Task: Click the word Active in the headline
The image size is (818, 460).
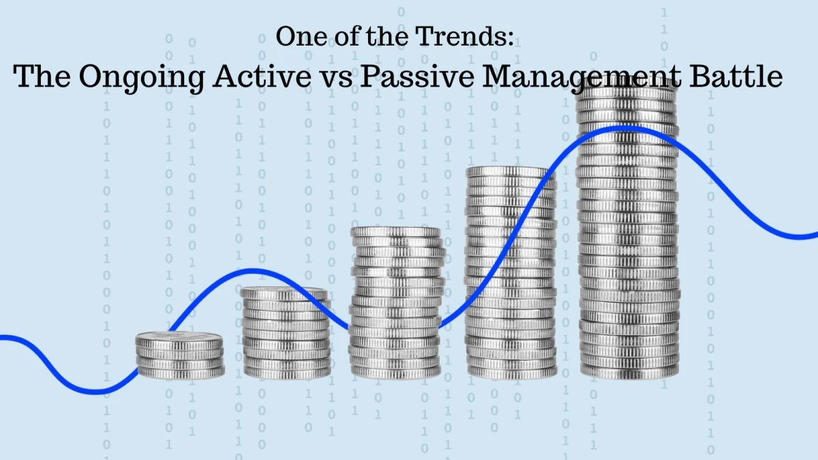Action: pos(262,76)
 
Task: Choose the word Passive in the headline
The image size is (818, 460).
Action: pos(417,76)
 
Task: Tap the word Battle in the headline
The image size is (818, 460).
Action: pos(736,76)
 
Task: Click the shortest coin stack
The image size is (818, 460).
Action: pos(180,355)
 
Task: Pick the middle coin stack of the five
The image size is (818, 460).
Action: pos(396,303)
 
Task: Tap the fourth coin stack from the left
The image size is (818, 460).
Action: pos(511,273)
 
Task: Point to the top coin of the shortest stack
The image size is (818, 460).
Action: pos(179,339)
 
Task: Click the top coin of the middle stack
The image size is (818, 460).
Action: pos(395,232)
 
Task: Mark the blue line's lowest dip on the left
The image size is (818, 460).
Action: pos(95,392)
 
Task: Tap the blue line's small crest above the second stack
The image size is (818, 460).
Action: pos(253,271)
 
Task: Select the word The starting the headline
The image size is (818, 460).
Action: pos(42,76)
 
